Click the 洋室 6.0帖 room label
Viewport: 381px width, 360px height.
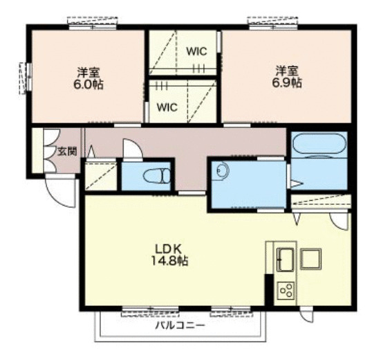89,78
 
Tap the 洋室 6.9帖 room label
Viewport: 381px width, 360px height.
287,77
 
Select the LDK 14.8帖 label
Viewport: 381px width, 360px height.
169,255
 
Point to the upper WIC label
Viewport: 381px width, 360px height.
196,51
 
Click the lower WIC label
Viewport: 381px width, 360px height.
167,107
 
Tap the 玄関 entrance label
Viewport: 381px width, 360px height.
67,152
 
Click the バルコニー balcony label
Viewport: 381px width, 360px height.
180,325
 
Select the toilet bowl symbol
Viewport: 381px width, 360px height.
157,176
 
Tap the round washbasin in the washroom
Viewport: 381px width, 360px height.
223,170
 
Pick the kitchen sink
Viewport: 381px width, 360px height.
286,259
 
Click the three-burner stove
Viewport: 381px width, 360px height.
286,291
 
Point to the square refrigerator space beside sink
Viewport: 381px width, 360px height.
310,259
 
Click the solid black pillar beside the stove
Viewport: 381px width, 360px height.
269,289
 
